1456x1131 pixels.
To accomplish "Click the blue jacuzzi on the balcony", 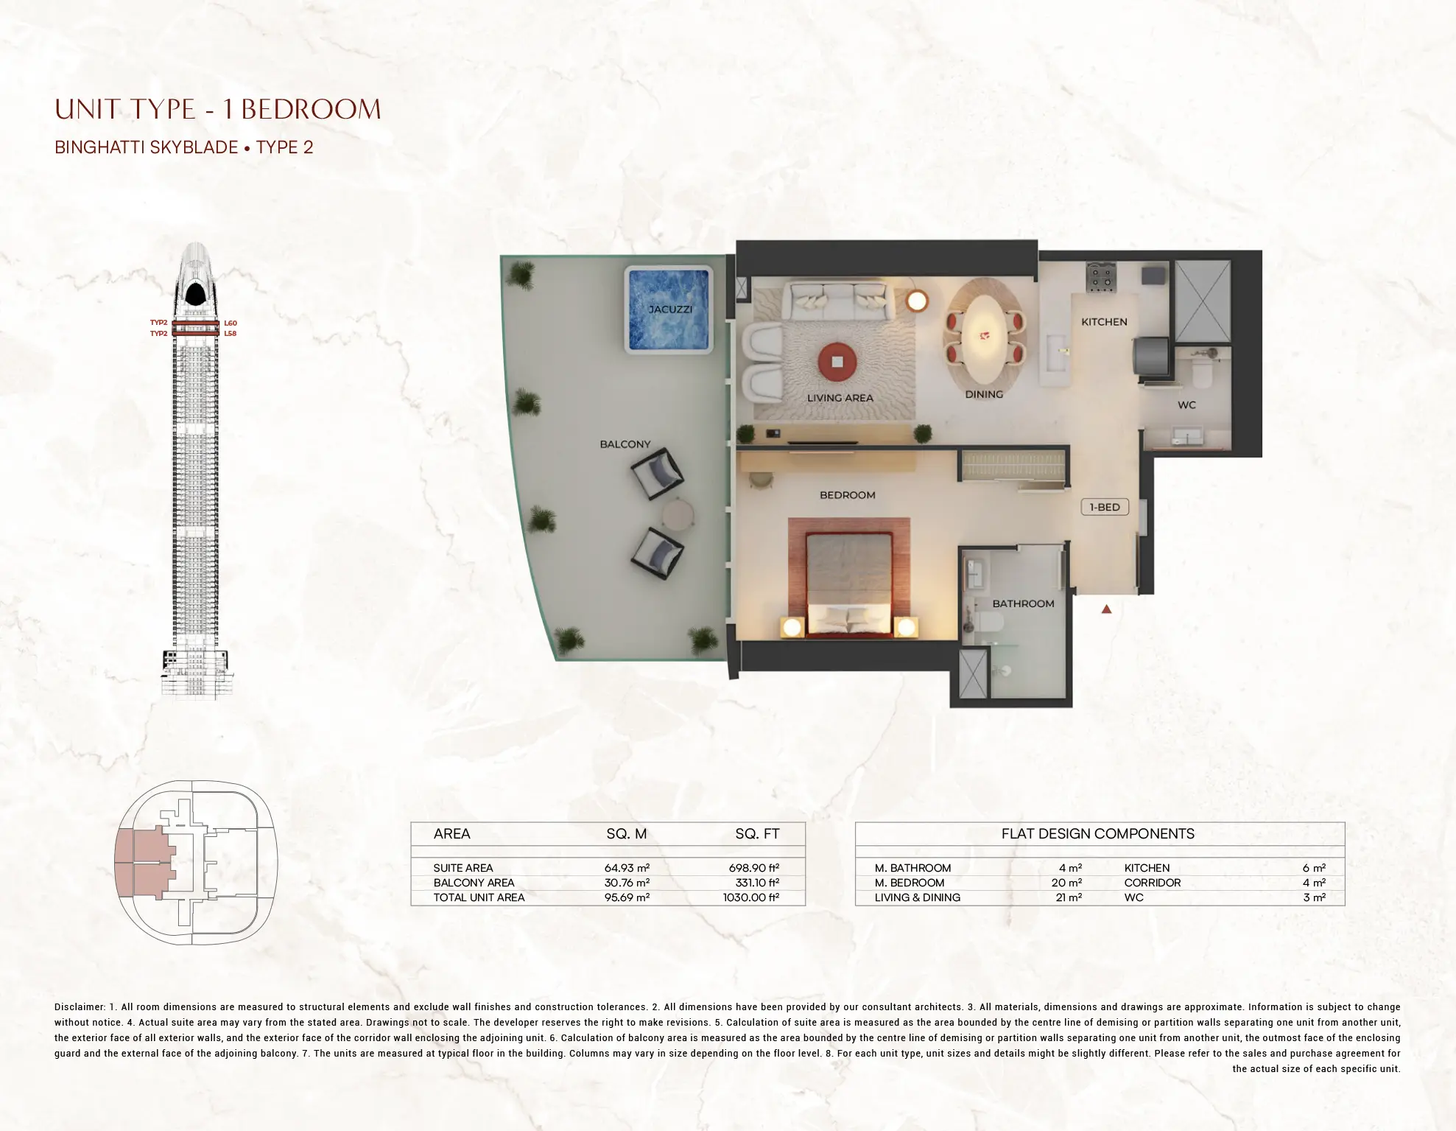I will [x=669, y=309].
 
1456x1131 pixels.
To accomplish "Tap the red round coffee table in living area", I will [x=837, y=362].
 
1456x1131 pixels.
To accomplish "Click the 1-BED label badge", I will [x=1105, y=507].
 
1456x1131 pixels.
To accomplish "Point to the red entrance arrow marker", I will [x=1106, y=609].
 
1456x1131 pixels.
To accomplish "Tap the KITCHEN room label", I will [x=1104, y=322].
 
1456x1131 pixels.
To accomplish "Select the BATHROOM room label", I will [x=1023, y=603].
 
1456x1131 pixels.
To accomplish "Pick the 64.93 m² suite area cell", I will [x=627, y=868].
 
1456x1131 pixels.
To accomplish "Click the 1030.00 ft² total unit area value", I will [x=751, y=897].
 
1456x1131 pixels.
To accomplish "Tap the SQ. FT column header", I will [x=757, y=834].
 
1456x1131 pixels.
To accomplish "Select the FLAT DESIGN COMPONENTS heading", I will [x=1097, y=834].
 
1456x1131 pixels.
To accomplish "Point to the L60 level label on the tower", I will [x=231, y=323].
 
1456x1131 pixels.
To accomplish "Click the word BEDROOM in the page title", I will [x=311, y=110].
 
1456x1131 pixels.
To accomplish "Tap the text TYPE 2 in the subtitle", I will [x=285, y=147].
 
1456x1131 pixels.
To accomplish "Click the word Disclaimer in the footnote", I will [x=80, y=1006].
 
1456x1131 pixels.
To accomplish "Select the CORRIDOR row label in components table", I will [x=1152, y=883].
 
